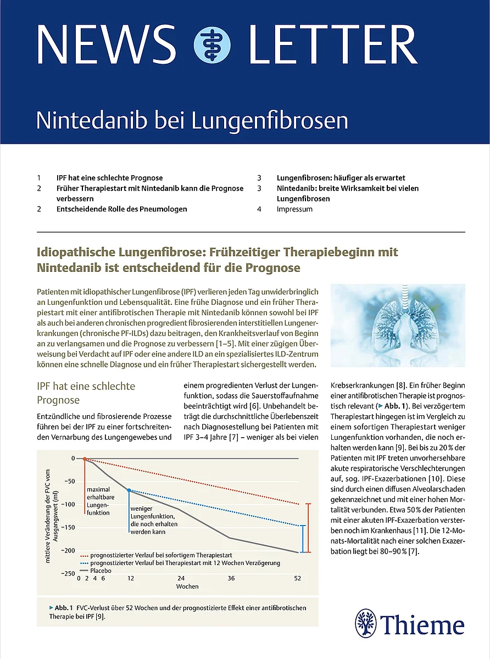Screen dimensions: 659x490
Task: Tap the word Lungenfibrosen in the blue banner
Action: (270, 120)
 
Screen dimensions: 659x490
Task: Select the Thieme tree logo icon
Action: (366, 625)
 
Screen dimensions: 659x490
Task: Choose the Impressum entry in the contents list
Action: (294, 209)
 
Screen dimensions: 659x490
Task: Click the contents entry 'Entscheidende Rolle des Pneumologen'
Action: (121, 209)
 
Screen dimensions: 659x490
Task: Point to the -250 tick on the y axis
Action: (68, 573)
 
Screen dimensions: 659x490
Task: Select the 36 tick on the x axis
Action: (231, 579)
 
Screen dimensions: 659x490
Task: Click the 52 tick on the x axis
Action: (298, 579)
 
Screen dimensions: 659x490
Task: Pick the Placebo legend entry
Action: (101, 571)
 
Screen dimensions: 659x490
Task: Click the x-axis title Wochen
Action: (187, 587)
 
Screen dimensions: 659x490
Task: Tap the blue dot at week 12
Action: (130, 490)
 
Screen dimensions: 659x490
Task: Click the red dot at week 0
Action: (85, 458)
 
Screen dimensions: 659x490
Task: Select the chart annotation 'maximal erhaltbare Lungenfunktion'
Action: (99, 501)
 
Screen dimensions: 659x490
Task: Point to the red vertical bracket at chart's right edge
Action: (308, 527)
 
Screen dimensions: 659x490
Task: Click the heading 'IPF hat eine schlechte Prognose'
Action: (86, 393)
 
